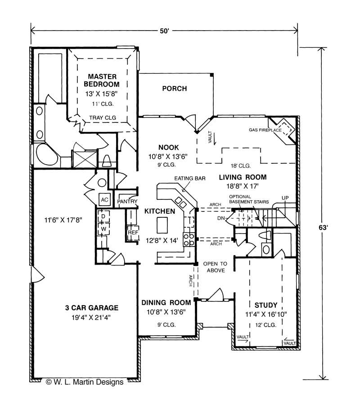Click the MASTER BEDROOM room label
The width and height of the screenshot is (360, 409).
click(x=102, y=81)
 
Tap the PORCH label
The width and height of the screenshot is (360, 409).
click(x=175, y=89)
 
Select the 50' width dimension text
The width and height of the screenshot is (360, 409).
click(x=164, y=31)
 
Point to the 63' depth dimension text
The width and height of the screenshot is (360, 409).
click(x=323, y=228)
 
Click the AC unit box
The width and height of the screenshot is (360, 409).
click(x=104, y=200)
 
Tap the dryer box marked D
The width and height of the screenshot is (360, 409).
click(x=103, y=216)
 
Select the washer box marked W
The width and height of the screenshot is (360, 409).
click(x=103, y=229)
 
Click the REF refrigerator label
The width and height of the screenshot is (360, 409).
click(x=133, y=232)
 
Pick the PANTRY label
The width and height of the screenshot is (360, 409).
click(x=127, y=202)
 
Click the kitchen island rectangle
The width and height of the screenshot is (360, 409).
click(x=162, y=225)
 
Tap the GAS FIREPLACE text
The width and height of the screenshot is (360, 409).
click(x=265, y=130)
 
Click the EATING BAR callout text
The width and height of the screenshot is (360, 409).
click(x=190, y=179)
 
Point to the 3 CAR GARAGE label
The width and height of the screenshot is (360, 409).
click(x=92, y=308)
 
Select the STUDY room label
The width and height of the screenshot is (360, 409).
click(x=266, y=305)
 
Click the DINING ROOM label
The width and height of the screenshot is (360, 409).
click(x=166, y=302)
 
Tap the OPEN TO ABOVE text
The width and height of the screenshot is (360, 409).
click(x=216, y=267)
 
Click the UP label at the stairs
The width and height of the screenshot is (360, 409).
click(x=285, y=198)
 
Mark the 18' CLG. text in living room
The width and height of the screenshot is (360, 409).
click(x=240, y=166)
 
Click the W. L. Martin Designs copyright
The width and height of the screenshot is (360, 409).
click(x=85, y=382)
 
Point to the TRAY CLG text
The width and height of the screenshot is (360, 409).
click(x=103, y=117)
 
